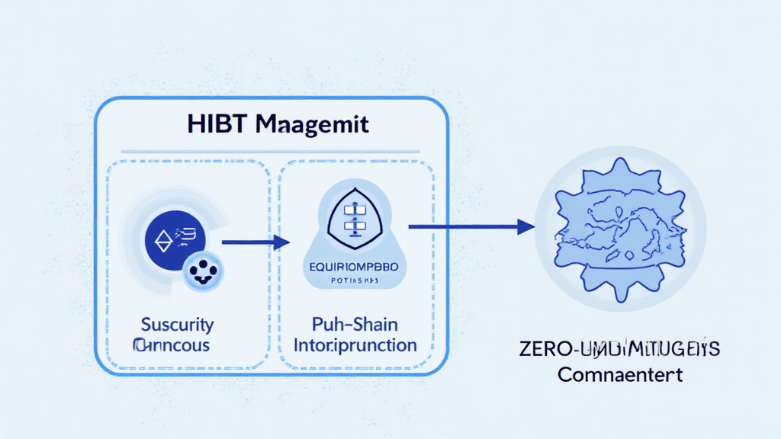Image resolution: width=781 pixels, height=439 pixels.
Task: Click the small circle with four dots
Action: tap(204, 271)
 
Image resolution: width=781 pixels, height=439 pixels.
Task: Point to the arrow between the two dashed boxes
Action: tap(256, 242)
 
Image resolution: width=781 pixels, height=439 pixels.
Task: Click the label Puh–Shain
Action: tap(355, 325)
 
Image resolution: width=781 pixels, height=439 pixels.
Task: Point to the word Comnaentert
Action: tap(619, 375)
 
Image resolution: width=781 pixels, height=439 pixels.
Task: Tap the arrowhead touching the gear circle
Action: tap(525, 226)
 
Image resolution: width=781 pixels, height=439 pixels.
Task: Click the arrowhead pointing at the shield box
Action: tap(282, 242)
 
